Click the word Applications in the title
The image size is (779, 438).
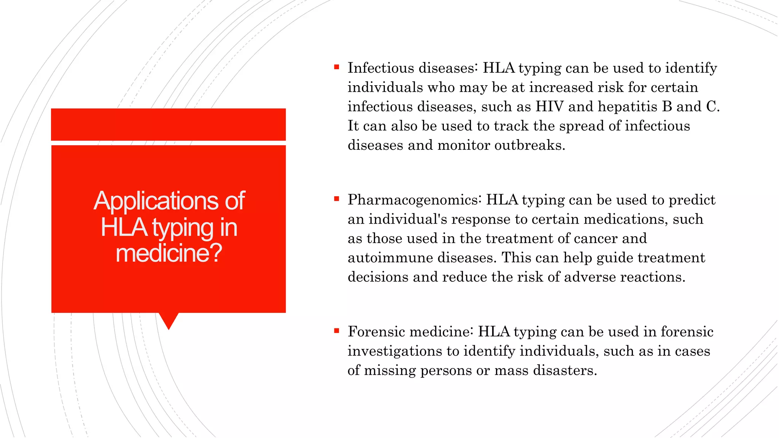[x=156, y=202]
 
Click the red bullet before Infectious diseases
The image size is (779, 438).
[x=336, y=67]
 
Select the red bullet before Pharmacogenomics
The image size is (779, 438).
[x=336, y=199]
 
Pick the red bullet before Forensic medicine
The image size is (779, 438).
[x=336, y=331]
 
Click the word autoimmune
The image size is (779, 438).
[x=390, y=258]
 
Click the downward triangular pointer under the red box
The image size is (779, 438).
[x=169, y=320]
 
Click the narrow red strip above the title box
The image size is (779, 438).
[x=168, y=124]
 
